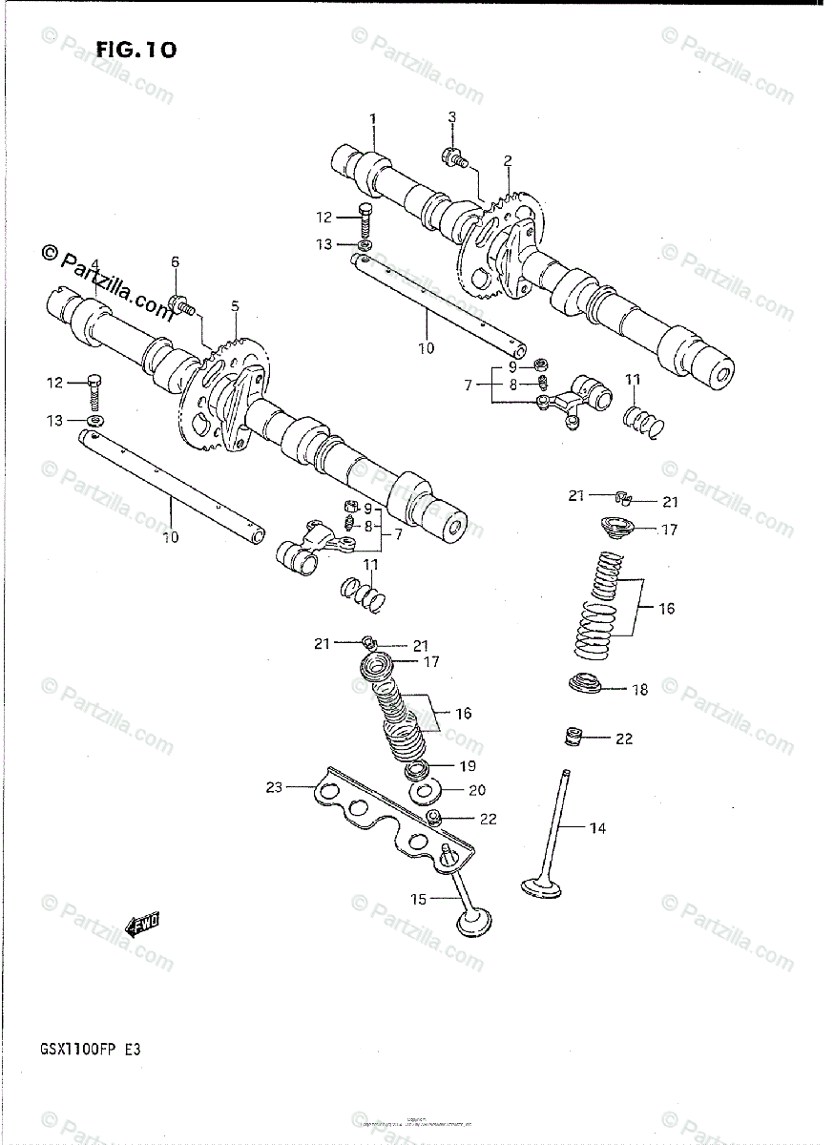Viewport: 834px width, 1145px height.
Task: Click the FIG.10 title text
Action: [136, 51]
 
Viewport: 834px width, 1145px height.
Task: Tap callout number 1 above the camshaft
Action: [373, 118]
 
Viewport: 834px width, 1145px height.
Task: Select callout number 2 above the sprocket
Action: [508, 160]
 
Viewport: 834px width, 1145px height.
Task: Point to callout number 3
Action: [452, 116]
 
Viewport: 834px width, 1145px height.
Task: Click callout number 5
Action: [234, 306]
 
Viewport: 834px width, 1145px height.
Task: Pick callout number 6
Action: [175, 262]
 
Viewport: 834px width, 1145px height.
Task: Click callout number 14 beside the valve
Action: [597, 828]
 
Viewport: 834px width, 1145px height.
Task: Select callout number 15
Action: [418, 899]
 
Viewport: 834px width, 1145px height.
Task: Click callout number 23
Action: [275, 787]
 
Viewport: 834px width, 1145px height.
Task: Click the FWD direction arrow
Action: [143, 924]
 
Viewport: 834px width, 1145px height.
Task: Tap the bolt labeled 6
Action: [180, 306]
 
